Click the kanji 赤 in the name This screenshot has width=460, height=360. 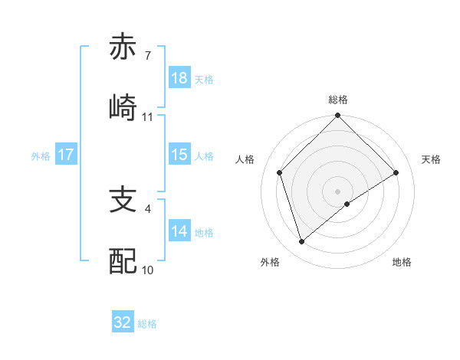(123, 47)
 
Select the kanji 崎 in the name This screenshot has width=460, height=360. (123, 106)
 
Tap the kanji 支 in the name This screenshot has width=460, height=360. (123, 201)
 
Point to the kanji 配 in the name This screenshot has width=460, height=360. (123, 260)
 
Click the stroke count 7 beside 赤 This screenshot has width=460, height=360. (147, 57)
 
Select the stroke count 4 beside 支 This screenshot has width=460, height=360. (147, 207)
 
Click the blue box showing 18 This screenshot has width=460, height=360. (179, 79)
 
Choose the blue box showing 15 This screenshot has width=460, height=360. (179, 155)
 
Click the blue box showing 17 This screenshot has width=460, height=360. (66, 155)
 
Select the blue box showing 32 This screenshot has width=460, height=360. (123, 322)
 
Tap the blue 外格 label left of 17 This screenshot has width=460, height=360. (41, 155)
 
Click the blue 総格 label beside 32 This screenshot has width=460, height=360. (147, 324)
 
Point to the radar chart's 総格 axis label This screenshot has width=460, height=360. (337, 100)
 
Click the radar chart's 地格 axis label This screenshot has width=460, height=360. (402, 262)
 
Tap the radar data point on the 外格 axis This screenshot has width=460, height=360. (302, 242)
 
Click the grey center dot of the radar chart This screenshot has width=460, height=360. (337, 191)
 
